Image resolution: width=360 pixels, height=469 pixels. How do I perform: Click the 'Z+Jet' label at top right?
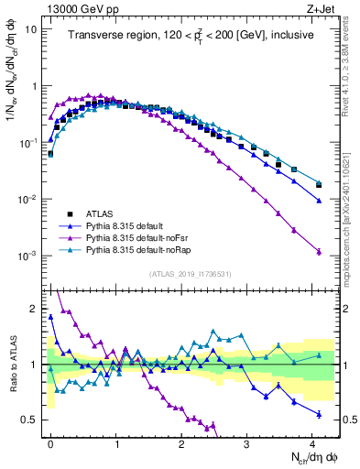(x=316, y=9)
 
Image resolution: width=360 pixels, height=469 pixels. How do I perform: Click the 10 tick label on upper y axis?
(x=30, y=28)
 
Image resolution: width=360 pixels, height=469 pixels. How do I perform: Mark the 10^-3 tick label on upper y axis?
(x=27, y=256)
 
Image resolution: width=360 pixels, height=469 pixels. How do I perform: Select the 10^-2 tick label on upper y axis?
(x=27, y=199)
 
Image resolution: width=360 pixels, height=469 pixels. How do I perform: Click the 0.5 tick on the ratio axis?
(x=32, y=420)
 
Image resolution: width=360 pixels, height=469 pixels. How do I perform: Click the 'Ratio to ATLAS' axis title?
(x=12, y=364)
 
